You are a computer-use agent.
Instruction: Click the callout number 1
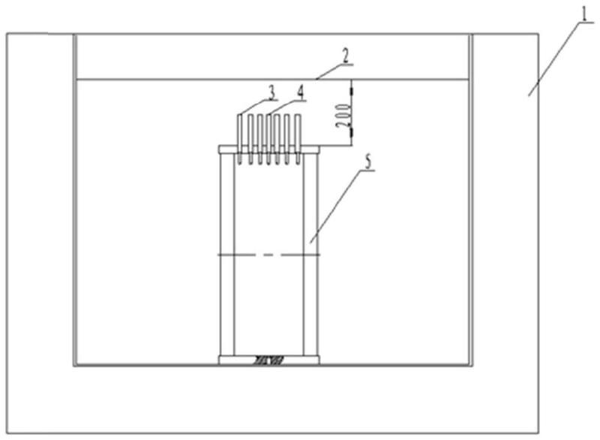point(584,14)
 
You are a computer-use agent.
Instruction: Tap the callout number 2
point(346,56)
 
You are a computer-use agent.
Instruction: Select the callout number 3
point(272,92)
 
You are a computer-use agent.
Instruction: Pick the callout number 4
point(301,92)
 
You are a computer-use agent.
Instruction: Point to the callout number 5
point(368,161)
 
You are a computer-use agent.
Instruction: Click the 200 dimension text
point(343,116)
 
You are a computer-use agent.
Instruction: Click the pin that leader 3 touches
point(239,140)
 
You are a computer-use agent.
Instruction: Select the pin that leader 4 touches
point(268,140)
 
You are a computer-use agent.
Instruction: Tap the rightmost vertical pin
point(298,140)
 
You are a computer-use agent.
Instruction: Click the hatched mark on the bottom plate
point(268,360)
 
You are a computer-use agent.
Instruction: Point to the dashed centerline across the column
point(268,255)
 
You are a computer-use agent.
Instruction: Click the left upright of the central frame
point(227,255)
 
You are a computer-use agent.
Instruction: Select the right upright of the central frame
point(310,255)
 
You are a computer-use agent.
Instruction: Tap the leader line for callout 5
point(335,206)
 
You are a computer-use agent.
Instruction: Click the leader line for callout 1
point(555,59)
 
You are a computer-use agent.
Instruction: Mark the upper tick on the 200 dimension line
point(351,92)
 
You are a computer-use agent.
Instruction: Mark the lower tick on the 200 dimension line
point(351,132)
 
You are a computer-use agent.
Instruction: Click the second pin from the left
point(250,140)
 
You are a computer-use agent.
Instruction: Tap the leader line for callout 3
point(253,107)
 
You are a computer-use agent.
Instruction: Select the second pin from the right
point(287,140)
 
